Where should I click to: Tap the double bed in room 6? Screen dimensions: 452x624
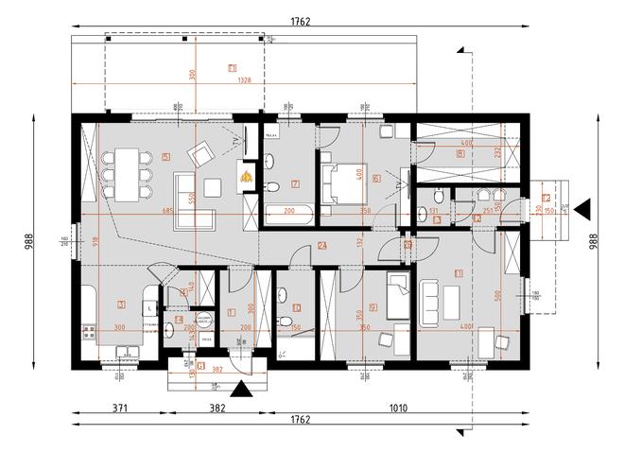pyautogui.click(x=337, y=183)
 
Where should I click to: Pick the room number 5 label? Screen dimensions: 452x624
pyautogui.click(x=165, y=157)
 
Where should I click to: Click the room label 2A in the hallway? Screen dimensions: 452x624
pyautogui.click(x=322, y=247)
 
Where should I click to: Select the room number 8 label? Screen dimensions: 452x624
pyautogui.click(x=459, y=152)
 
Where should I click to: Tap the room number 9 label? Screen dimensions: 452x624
pyautogui.click(x=373, y=305)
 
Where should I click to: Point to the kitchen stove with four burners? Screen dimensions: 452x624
pyautogui.click(x=91, y=332)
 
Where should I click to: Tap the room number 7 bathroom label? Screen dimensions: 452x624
pyautogui.click(x=295, y=183)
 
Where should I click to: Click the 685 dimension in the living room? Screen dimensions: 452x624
pyautogui.click(x=168, y=210)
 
